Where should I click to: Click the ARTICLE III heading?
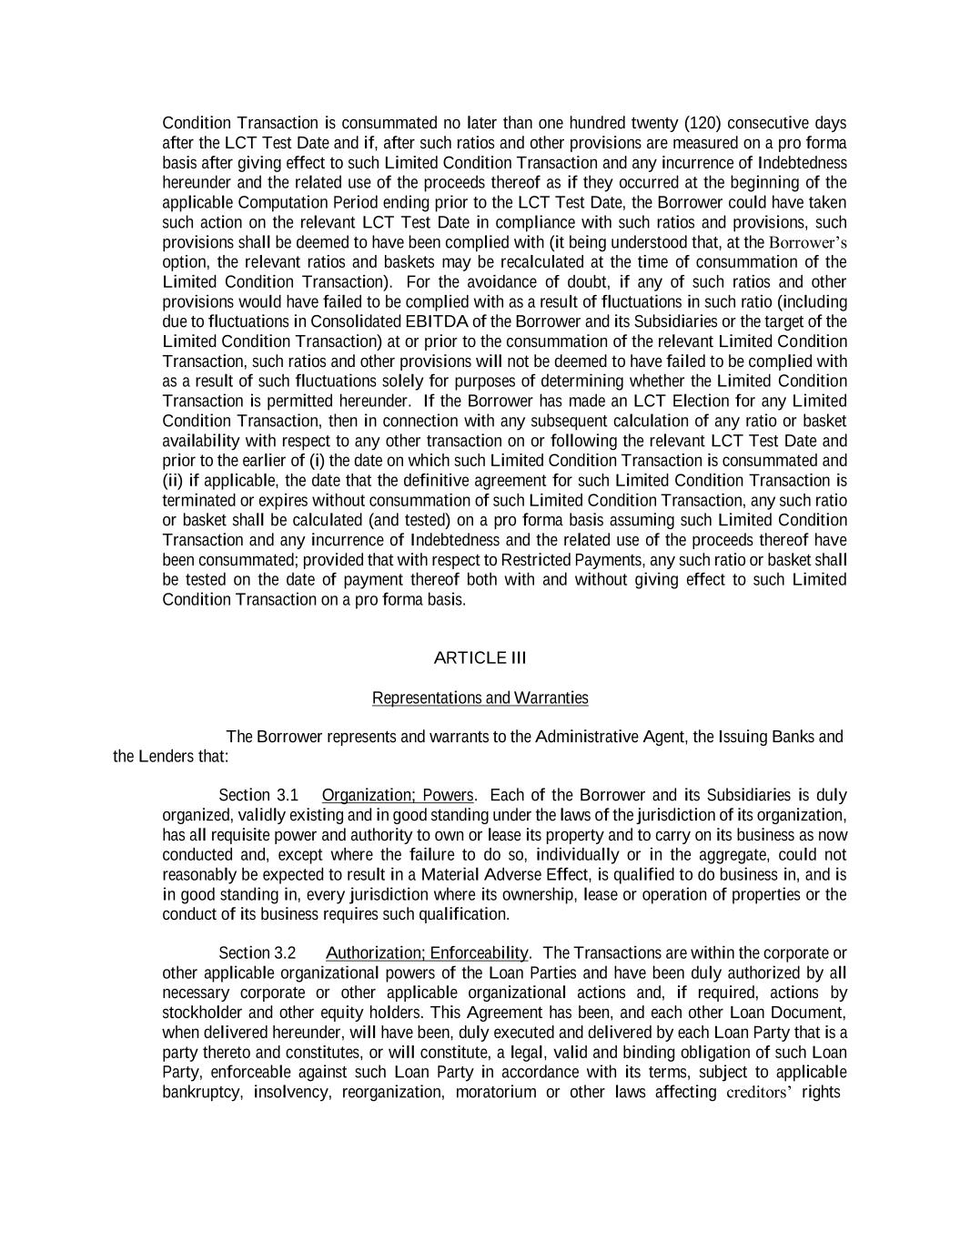click(480, 658)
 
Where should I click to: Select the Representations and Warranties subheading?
click(480, 698)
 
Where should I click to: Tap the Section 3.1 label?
click(258, 795)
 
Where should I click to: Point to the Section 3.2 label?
click(258, 953)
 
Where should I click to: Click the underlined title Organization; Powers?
click(398, 795)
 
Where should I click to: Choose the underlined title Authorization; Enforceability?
click(427, 953)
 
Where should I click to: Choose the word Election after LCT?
click(713, 402)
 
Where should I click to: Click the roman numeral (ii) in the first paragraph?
click(172, 481)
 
